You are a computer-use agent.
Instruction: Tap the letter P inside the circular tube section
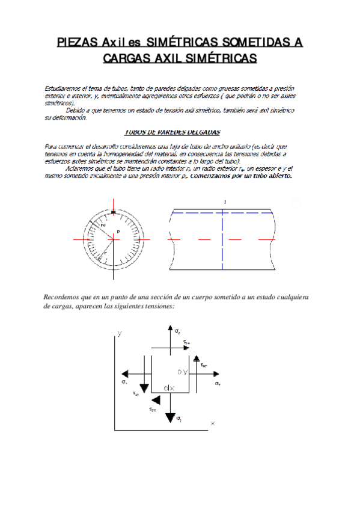click(x=118, y=232)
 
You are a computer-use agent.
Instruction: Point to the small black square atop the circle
click(x=112, y=212)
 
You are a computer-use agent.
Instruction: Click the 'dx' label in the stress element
click(x=169, y=388)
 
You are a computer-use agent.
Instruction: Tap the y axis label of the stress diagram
click(x=120, y=333)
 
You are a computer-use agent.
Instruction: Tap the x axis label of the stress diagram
click(x=212, y=423)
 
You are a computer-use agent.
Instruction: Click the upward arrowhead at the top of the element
click(x=166, y=329)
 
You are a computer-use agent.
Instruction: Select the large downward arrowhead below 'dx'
click(x=171, y=416)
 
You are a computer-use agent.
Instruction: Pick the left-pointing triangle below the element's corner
click(x=156, y=399)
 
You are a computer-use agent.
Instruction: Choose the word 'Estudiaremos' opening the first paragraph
click(x=62, y=88)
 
